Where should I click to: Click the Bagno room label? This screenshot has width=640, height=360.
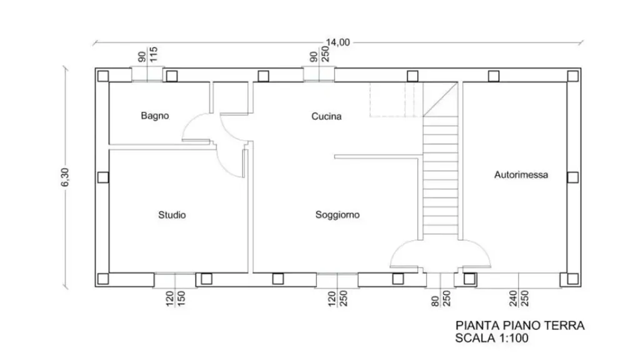coord(155,116)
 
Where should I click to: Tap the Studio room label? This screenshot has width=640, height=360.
coord(172,215)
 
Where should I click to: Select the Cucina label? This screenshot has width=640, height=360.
coord(326,116)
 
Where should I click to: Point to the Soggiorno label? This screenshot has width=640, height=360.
coord(337,215)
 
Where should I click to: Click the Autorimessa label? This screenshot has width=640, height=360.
coord(521,175)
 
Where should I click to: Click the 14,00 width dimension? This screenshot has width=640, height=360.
coord(337,42)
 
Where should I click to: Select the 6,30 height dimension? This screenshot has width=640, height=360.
coord(65,177)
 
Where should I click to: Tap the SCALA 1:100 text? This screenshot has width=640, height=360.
coord(491,338)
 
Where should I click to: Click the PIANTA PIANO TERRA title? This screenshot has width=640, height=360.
coord(519,326)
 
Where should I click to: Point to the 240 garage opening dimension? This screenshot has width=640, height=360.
coord(513,298)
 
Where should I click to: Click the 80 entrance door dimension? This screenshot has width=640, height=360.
coord(435,301)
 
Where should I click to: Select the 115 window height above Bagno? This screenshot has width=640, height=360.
coord(154,54)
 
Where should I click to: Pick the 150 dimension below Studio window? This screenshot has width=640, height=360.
coord(181,298)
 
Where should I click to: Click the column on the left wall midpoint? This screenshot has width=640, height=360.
coord(103,177)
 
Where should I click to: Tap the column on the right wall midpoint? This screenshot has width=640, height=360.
coord(572,177)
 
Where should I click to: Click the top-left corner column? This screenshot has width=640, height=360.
coord(103,76)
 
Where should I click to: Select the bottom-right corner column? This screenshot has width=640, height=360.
coord(572,279)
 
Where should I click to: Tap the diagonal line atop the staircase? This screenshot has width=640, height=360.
coord(440,99)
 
